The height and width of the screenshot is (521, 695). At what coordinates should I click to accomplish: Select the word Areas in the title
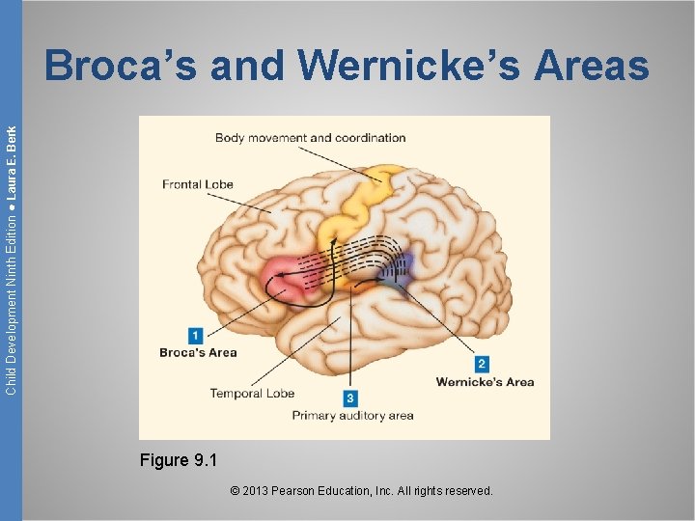592,66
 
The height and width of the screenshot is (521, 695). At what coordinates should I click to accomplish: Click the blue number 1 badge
195,336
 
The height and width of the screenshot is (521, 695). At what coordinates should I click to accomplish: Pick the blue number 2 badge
482,364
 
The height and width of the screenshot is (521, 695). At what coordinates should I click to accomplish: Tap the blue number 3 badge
350,398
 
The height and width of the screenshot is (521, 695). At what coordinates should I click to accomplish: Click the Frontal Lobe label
198,184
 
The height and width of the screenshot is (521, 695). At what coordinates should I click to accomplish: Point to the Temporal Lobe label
252,393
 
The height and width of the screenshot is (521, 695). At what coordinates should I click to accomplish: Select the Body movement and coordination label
310,138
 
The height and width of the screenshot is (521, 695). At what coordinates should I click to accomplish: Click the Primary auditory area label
352,416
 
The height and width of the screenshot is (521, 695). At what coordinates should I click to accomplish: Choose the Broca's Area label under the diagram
198,352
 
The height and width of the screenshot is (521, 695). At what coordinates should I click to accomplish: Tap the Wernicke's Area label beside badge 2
485,382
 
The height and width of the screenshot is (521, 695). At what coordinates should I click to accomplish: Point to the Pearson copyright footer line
362,491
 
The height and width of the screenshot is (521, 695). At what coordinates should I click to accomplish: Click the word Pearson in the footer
299,491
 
